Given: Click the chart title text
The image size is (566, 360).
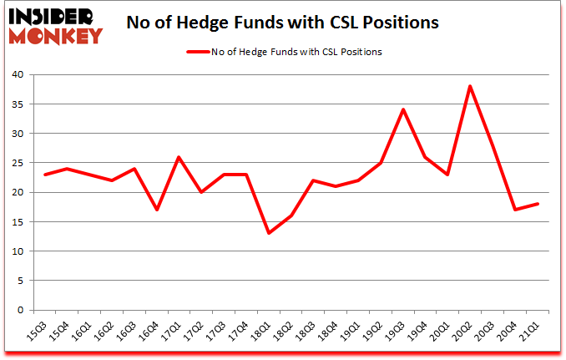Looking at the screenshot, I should point(282,23).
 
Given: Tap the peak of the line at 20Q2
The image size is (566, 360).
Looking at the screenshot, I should point(470,86).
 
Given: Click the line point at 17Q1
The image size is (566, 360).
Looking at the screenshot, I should point(178,157).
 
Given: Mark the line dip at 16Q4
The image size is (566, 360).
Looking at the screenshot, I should point(155,210).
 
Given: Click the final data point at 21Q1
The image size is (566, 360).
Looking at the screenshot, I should point(538,204).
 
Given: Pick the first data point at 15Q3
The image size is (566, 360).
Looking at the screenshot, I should point(44,175).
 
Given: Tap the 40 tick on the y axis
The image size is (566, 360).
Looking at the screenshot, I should point(18,75).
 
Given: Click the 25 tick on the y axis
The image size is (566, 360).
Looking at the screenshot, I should point(18,163).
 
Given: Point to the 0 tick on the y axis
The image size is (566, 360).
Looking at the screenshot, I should point(22,310).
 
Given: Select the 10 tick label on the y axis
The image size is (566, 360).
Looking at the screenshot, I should point(18,251).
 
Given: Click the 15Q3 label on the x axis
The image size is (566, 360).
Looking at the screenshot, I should point(38,332).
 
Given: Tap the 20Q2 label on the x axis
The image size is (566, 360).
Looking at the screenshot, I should point(464,332).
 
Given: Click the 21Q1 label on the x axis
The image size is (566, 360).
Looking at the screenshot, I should point(532,332).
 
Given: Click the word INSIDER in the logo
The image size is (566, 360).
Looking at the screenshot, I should point(52,16).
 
